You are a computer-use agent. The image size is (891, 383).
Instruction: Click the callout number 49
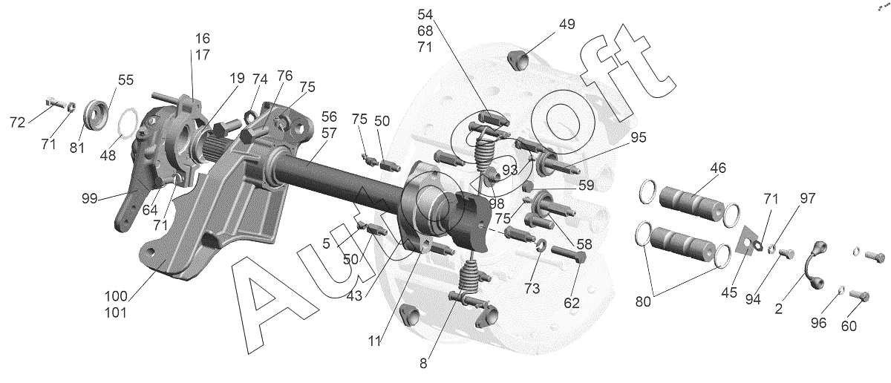tap(567, 24)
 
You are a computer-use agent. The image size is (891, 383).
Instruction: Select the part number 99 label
tap(90, 199)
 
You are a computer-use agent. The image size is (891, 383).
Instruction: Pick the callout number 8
tap(423, 364)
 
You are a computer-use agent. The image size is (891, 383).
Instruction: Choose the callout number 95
tap(639, 137)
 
